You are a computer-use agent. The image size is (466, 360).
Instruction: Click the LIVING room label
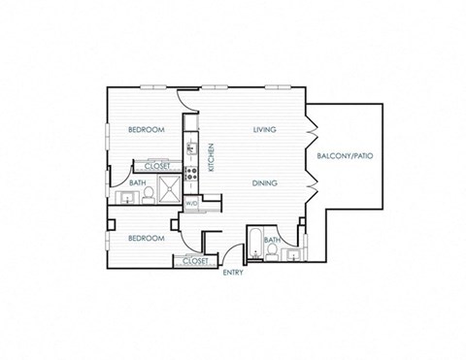[264, 129]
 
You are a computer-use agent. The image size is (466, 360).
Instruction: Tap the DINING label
[264, 182]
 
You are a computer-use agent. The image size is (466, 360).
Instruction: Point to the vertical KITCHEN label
[210, 157]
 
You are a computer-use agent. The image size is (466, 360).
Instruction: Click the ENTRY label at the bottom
[233, 273]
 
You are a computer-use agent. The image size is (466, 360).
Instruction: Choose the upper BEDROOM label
[147, 129]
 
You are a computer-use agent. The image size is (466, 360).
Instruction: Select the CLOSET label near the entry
[194, 260]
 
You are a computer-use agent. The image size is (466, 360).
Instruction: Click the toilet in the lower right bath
[275, 254]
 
